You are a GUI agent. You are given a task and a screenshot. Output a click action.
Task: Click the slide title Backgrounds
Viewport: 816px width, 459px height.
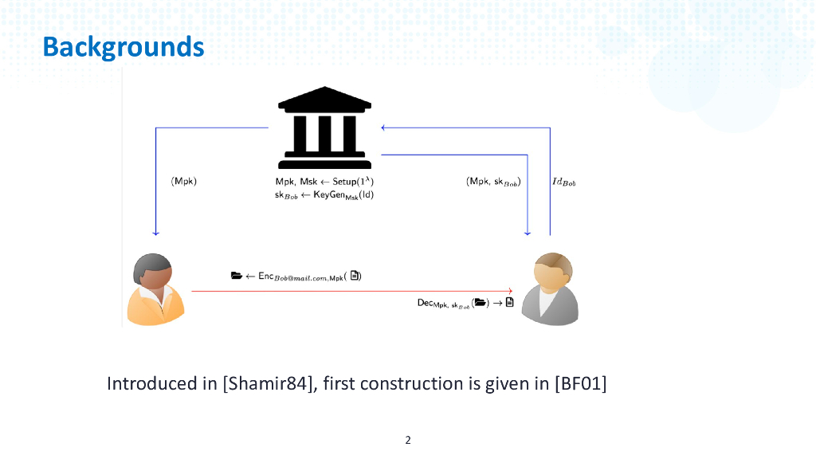124,47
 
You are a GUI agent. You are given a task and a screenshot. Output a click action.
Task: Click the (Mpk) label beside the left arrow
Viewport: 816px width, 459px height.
184,182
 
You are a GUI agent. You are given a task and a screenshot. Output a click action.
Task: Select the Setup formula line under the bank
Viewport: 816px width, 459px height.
324,182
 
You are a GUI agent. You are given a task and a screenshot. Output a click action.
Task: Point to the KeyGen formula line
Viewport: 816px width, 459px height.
324,194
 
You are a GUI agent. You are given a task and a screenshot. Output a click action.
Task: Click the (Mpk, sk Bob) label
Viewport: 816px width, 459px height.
493,182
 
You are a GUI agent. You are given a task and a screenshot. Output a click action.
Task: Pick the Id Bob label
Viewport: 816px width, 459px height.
563,182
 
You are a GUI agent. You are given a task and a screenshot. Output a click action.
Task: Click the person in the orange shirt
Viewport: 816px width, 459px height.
156,290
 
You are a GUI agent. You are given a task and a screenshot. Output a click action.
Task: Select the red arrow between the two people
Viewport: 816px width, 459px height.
351,292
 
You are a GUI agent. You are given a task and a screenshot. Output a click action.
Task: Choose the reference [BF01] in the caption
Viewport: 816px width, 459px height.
581,384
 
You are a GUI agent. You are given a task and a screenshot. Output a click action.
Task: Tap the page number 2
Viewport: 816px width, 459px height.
408,440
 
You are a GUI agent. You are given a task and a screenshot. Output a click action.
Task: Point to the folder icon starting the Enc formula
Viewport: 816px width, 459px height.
236,277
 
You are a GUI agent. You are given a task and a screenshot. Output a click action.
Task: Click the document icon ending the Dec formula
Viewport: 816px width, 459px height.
509,303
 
